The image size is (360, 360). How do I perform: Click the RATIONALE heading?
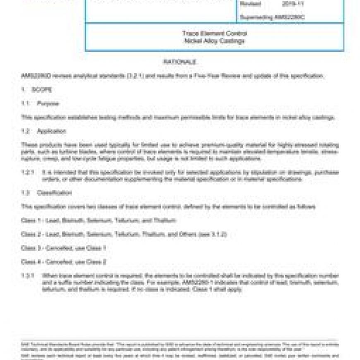(x=180, y=62)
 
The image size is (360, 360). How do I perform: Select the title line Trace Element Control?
(x=214, y=34)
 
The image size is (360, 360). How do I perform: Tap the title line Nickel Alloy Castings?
(x=214, y=41)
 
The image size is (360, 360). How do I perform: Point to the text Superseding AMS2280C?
(x=272, y=17)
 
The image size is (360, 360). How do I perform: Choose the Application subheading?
(x=51, y=131)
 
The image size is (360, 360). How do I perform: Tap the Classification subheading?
(x=54, y=193)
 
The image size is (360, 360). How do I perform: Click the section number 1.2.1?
(x=27, y=172)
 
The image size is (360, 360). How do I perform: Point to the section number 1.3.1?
(x=27, y=276)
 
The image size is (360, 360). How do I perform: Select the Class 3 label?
(x=31, y=248)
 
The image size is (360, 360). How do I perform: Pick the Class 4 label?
(x=31, y=262)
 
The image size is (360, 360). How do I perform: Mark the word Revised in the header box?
(x=250, y=4)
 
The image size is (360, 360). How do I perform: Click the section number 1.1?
(x=25, y=103)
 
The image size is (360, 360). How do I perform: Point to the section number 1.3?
(x=25, y=193)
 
